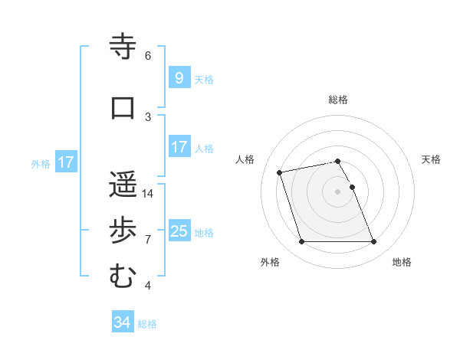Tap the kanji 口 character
coord(122,108)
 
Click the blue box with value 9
coord(179,78)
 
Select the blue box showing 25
coord(179,231)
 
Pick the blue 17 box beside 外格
coord(66,162)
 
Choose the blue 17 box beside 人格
coord(179,147)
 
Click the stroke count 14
coord(149,194)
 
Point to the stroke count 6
coord(148,56)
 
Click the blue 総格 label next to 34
coord(147,324)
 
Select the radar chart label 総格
coord(338,100)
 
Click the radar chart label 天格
coord(431,159)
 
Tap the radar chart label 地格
coord(402,262)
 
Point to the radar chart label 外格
coord(270,262)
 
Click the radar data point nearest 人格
coord(280,172)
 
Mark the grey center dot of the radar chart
coord(338,191)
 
